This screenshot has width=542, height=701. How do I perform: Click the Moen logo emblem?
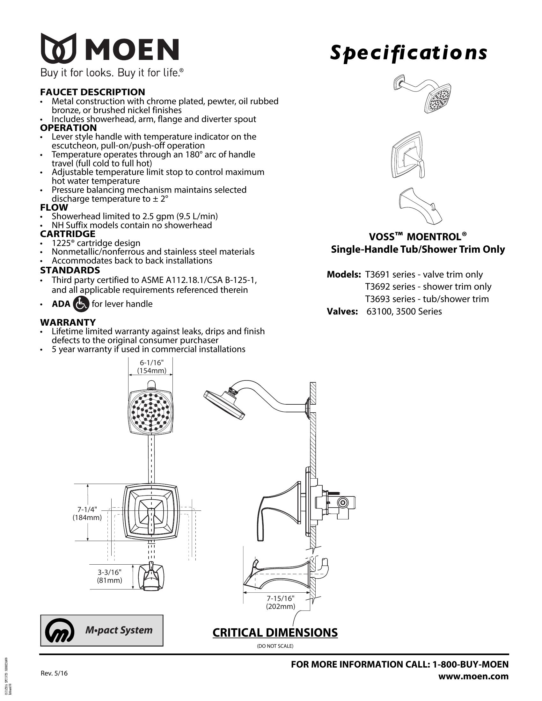(58, 48)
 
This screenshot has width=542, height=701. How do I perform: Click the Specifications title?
(408, 53)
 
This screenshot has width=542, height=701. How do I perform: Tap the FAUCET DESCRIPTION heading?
(92, 92)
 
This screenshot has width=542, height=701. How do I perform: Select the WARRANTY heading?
(68, 322)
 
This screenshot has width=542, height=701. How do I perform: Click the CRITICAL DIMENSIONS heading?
(275, 632)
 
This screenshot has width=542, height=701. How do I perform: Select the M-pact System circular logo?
(59, 630)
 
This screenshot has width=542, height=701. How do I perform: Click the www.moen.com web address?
(473, 676)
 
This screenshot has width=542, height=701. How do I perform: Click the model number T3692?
(377, 287)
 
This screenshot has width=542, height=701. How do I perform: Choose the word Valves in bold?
(342, 311)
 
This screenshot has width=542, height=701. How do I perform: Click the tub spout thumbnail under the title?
(420, 206)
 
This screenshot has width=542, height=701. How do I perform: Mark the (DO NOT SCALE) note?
(275, 646)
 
